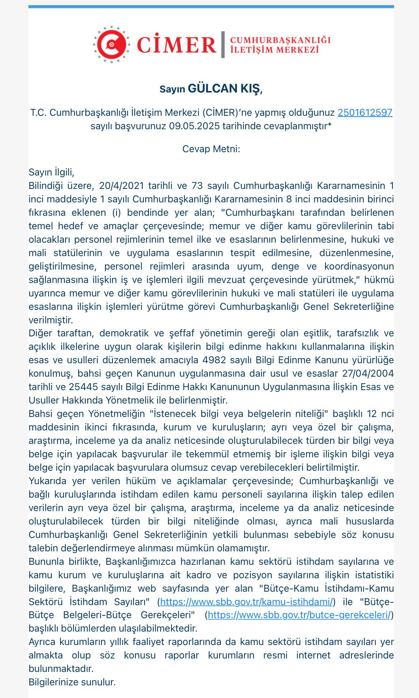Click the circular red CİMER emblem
click(111, 44)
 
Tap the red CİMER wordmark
click(177, 45)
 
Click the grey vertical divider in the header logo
click(223, 44)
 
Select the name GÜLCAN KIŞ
click(224, 89)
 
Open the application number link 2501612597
click(365, 113)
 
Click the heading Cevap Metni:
click(211, 149)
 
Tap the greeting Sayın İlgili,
click(51, 172)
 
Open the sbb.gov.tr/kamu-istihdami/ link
click(247, 602)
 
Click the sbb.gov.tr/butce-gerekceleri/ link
click(299, 615)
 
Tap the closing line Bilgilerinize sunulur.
click(72, 682)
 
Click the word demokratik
click(124, 333)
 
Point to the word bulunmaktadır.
click(61, 669)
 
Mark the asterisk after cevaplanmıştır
click(329, 125)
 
